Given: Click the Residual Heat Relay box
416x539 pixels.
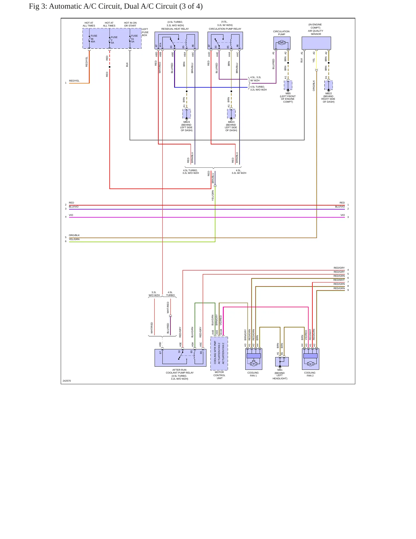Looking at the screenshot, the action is tap(176, 40).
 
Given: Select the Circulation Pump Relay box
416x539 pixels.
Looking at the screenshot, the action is tap(225, 40).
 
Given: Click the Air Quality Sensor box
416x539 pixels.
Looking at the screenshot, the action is tap(316, 43).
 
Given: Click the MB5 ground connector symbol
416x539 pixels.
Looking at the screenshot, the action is tap(288, 85).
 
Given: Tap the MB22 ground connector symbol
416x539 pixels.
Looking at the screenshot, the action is tap(328, 85).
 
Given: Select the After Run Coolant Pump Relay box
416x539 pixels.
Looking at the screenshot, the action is tap(181, 358).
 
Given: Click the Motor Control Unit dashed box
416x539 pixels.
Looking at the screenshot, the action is tap(219, 354).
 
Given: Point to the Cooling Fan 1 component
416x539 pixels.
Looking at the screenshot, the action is tap(254, 359).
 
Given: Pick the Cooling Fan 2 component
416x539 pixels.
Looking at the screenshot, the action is tap(310, 359).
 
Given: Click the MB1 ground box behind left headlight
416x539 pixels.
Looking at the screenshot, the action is tap(282, 362).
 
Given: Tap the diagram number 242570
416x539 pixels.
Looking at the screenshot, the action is tap(67, 381).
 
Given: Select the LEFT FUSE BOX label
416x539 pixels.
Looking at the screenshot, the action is tap(145, 32).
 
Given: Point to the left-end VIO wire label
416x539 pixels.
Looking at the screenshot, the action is tap(71, 215).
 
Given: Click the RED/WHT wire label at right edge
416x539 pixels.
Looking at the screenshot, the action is tap(339, 280).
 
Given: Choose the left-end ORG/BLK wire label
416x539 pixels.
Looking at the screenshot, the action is tap(74, 235).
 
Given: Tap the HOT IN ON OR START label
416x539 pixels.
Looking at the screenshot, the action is tap(130, 24).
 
